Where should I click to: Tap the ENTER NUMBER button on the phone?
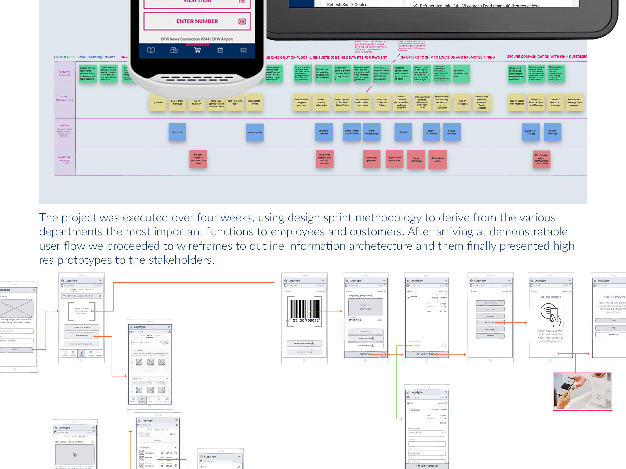coord(197,21)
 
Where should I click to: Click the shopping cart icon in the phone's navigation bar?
coord(197,50)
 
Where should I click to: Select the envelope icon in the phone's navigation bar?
coord(244,50)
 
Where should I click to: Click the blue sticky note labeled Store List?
coord(177,132)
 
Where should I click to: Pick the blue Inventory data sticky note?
coord(255,133)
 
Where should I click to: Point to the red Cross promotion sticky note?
coord(416,160)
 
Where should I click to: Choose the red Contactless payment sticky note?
coord(372,159)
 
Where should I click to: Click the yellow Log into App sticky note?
coord(158,103)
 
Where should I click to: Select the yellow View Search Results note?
coord(254,103)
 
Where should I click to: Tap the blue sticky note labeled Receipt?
coord(403,132)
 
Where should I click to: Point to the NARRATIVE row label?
coord(65,73)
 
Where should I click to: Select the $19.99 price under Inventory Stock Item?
coord(355,320)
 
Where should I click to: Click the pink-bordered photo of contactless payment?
coord(582,391)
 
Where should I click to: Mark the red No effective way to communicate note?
coord(542,159)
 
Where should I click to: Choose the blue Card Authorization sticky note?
coord(372,132)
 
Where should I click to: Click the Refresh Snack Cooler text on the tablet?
coord(347,5)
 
